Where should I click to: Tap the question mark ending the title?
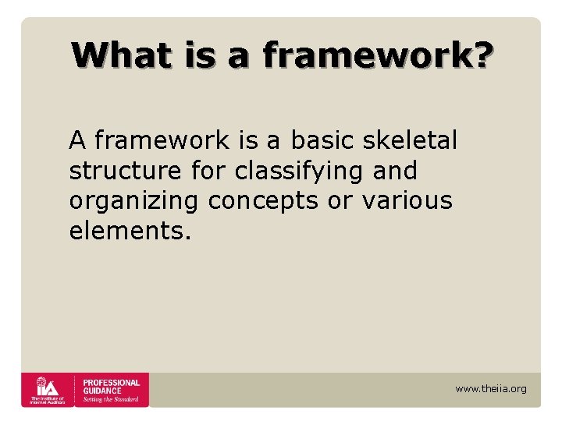point(481,55)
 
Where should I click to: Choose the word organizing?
point(133,200)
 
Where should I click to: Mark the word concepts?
point(263,200)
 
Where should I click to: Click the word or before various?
point(340,200)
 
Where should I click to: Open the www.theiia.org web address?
point(491,389)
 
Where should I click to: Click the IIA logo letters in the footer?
point(48,385)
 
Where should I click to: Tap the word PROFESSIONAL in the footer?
point(111,383)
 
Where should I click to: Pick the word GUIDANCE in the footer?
point(102,391)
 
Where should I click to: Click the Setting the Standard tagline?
point(110,399)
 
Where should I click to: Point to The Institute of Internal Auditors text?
point(48,399)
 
